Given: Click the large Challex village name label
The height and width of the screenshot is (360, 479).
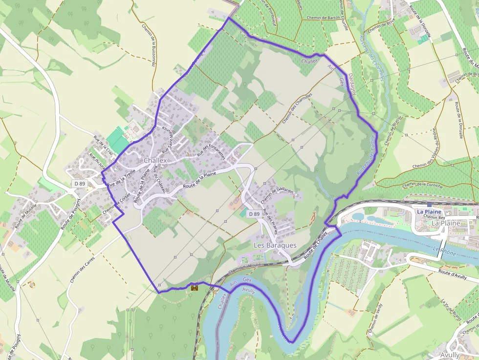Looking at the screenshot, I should click(x=155, y=160).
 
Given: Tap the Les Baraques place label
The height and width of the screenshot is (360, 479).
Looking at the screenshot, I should click(x=275, y=245).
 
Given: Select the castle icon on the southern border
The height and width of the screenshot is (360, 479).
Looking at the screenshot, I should click(x=195, y=288).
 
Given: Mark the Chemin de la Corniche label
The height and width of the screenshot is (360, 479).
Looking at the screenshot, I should click(x=422, y=185).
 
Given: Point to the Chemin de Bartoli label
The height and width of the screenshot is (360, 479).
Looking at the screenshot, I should click(x=323, y=17).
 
